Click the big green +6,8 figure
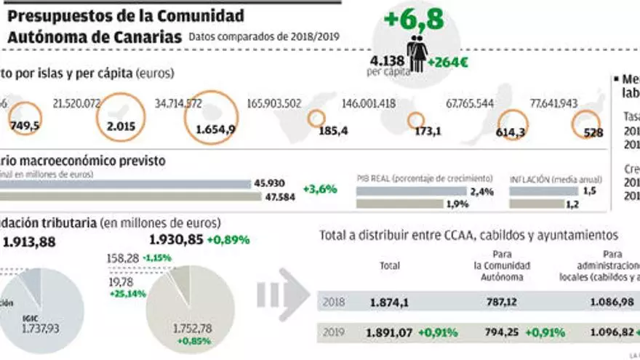(x=415, y=19)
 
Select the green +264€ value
(x=448, y=63)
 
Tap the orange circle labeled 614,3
(x=515, y=125)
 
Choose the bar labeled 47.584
(x=124, y=196)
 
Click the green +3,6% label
(x=319, y=189)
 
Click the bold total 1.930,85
(x=175, y=239)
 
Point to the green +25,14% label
(x=127, y=293)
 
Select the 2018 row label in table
(x=335, y=301)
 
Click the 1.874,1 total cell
(x=389, y=301)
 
